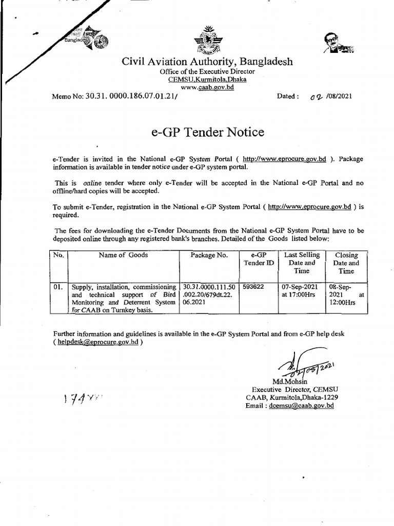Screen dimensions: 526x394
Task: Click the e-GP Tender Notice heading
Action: pos(208,132)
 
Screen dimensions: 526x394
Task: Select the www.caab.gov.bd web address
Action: pos(207,88)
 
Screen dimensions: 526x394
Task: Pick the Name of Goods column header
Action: pos(123,255)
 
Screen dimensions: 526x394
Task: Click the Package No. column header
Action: pos(209,255)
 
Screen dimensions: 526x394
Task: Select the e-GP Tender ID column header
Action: pos(259,259)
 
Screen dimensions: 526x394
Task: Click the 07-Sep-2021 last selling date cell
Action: pos(301,291)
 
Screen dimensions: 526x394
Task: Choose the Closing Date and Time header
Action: pos(346,263)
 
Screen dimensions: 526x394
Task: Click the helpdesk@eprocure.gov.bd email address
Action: pos(98,342)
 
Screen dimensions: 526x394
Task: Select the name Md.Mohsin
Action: pos(289,382)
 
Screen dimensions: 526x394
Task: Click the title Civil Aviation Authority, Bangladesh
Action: pos(207,62)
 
